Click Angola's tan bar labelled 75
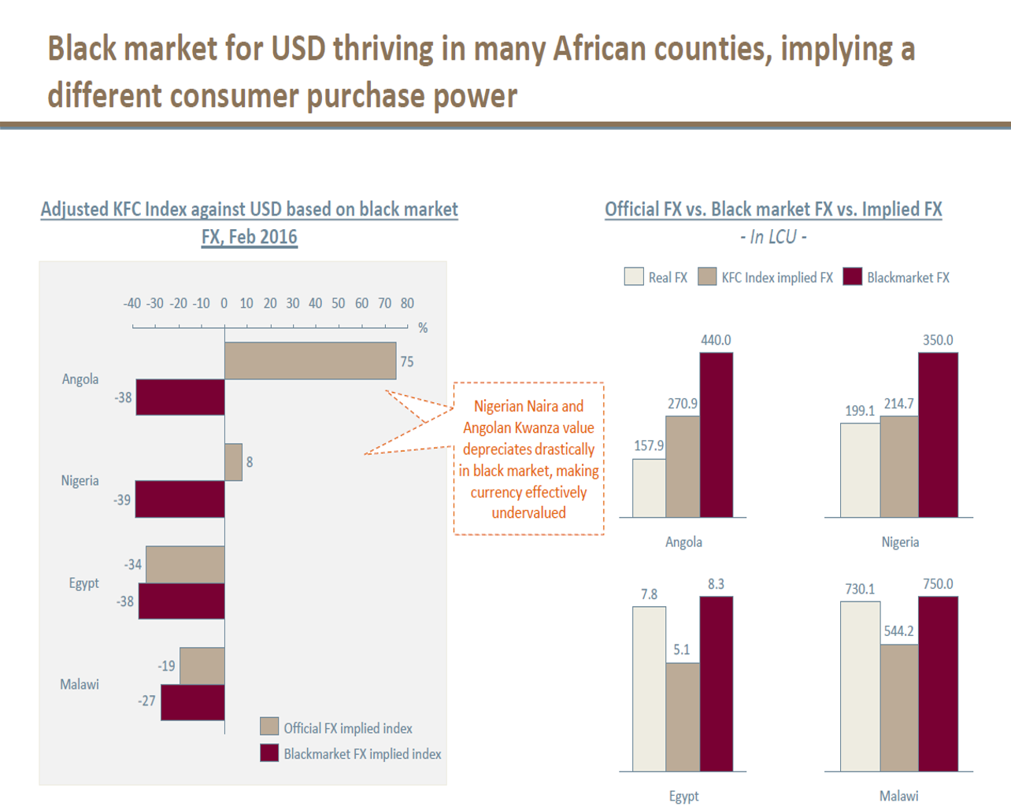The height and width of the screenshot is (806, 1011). pos(310,360)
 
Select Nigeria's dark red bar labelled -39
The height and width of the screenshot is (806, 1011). pos(180,499)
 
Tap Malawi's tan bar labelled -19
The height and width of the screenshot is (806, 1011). pos(202,666)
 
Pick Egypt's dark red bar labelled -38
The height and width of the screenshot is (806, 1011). pos(182,601)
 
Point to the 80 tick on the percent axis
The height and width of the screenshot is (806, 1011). pos(407,304)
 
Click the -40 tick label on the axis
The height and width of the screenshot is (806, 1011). pos(131,304)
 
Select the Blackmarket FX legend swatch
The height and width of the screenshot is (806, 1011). pos(852,277)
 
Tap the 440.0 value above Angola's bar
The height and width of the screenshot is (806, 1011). pos(716,340)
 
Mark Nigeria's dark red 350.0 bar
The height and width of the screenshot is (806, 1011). pos(938,434)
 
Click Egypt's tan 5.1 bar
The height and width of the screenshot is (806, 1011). pos(683,716)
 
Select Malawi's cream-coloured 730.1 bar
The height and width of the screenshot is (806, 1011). pos(860,686)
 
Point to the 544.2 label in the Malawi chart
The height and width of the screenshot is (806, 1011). pos(898,631)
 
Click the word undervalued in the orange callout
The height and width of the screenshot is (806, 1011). pos(528,513)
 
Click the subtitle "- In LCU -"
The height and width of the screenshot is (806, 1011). pos(773,237)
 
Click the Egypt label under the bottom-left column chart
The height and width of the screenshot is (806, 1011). pos(683,796)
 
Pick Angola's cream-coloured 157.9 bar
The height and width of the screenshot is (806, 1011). pos(649,488)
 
